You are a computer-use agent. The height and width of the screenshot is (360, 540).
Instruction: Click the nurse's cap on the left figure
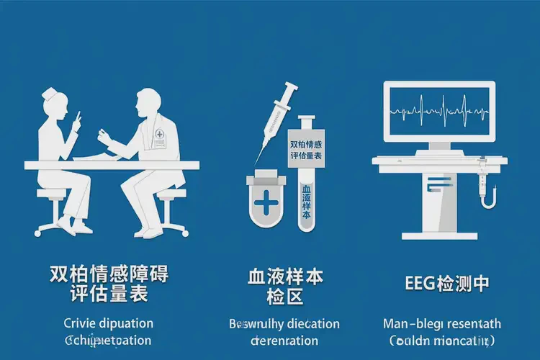tap(51, 94)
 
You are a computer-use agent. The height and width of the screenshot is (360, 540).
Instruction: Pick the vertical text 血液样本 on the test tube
tap(305, 204)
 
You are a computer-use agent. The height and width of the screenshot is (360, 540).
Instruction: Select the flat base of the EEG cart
tap(439, 235)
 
